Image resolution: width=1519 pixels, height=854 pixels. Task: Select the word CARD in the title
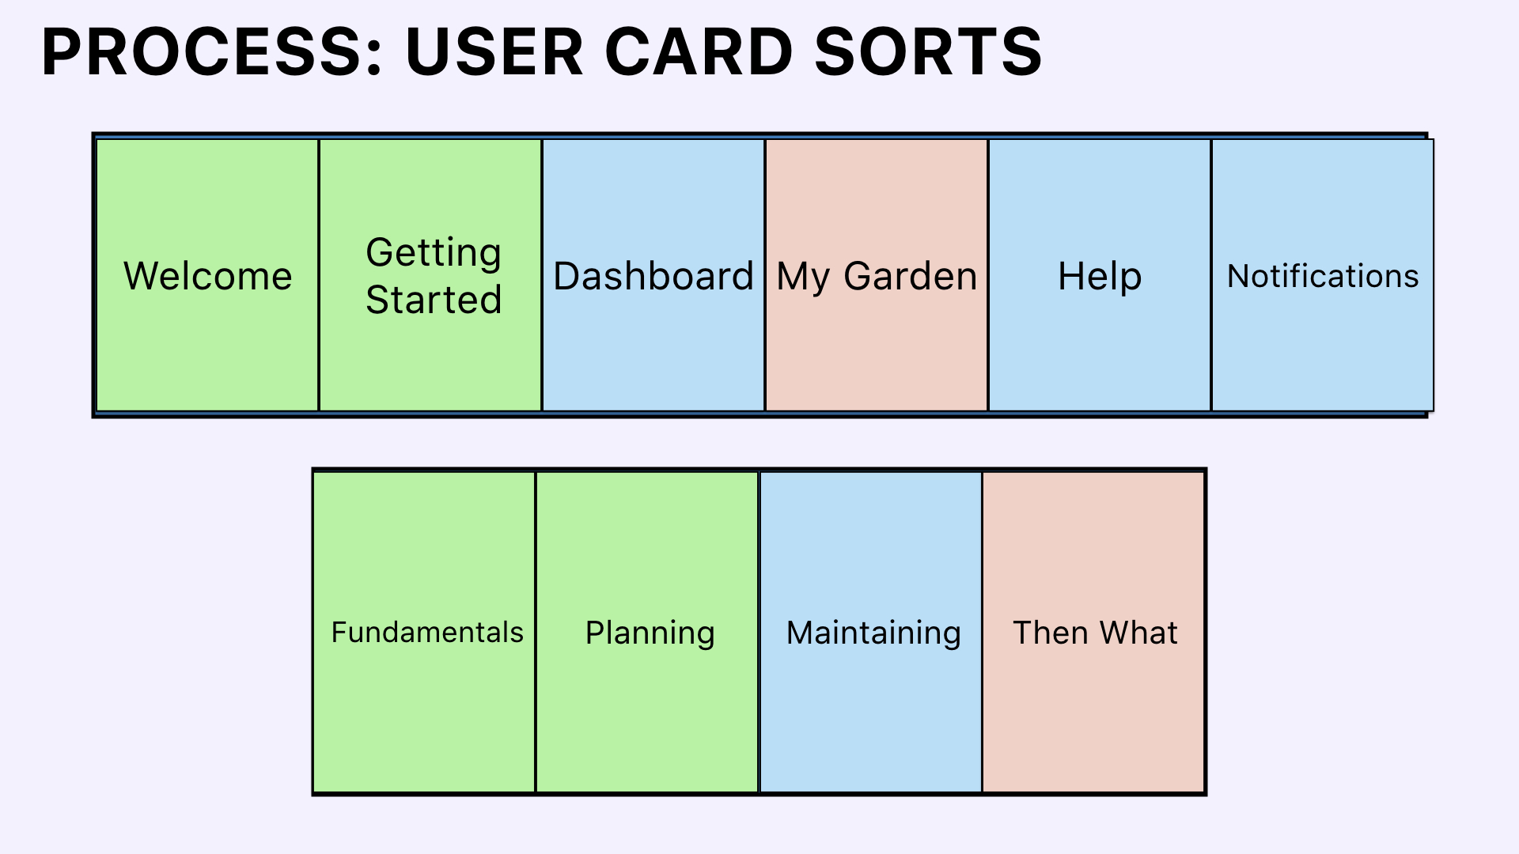699,52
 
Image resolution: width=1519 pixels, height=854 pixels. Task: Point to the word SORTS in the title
928,52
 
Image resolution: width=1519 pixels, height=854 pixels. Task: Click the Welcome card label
208,276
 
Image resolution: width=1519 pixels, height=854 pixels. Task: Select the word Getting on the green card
434,254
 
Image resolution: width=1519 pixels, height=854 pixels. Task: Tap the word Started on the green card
434,300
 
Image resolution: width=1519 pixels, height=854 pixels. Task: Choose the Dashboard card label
653,276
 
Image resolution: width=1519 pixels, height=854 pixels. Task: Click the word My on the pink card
803,278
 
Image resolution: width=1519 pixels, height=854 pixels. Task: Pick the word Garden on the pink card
911,276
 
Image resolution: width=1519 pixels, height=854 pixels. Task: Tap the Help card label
1100,278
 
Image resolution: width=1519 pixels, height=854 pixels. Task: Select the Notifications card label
1323,276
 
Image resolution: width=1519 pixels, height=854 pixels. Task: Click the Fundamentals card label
427,633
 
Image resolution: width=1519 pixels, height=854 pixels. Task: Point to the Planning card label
650,634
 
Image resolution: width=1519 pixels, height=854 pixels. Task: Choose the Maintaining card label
873,634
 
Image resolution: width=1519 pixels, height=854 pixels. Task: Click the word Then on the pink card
1050,633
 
